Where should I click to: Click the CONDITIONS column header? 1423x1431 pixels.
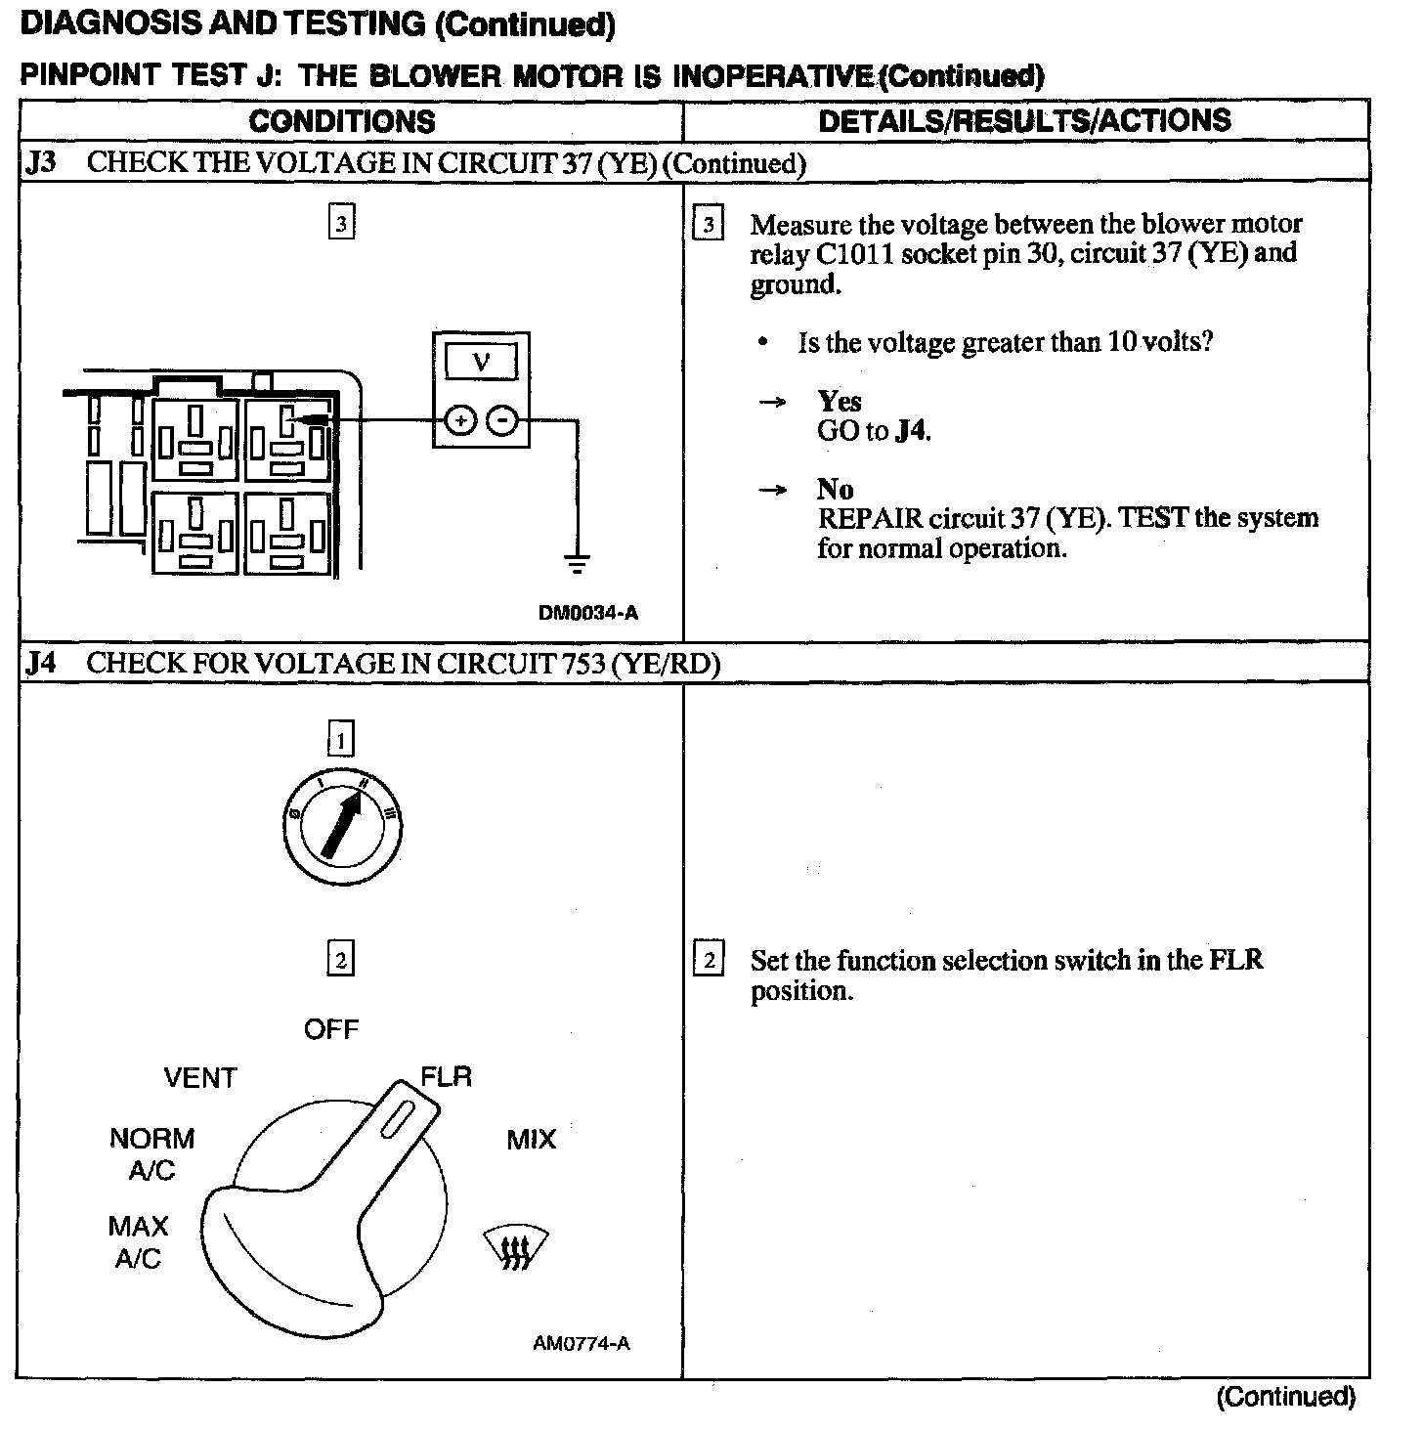point(341,121)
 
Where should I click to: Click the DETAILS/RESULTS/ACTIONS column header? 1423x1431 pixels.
point(1024,120)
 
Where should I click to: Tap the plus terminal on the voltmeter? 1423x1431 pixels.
point(459,421)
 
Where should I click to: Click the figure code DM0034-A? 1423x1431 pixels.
point(587,613)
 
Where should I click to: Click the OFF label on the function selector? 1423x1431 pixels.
point(331,1029)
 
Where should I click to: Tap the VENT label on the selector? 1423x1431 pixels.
point(200,1078)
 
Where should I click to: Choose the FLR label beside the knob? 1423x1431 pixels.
point(447,1076)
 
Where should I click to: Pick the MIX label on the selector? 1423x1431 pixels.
point(531,1139)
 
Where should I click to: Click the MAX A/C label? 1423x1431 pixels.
point(138,1242)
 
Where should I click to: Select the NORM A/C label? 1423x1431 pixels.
point(151,1153)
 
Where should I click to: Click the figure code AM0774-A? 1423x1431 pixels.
point(581,1343)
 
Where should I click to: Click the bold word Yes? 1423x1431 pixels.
point(840,401)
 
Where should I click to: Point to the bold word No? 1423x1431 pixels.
point(835,489)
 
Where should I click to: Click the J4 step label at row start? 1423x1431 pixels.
point(40,663)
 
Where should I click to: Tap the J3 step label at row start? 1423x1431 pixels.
point(40,162)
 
